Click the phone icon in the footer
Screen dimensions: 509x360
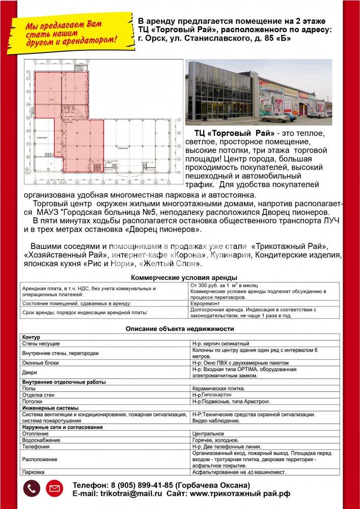click(32, 489)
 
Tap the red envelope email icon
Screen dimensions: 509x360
click(54, 489)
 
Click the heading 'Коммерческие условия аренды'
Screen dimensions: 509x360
click(184, 277)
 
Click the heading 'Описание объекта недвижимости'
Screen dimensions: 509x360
click(180, 329)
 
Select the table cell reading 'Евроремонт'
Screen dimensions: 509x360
click(206, 303)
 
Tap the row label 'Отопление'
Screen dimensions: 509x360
click(34, 434)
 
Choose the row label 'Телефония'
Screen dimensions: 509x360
click(36, 446)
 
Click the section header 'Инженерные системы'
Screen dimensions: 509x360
click(50, 408)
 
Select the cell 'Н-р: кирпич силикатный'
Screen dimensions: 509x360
click(220, 344)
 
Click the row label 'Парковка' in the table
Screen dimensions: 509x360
click(34, 472)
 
